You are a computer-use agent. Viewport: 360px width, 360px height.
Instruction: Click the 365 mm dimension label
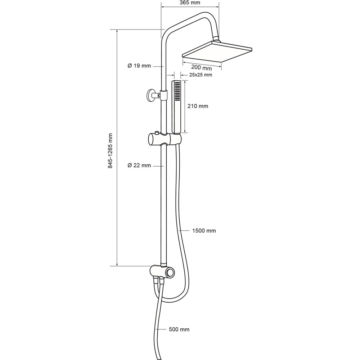click(190, 3)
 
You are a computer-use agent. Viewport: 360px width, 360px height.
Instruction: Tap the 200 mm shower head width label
click(201, 68)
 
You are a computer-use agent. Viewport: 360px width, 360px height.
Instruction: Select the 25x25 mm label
click(201, 75)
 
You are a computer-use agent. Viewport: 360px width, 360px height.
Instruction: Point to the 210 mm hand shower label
click(198, 106)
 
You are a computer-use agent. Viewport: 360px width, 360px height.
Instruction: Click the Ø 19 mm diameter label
click(139, 66)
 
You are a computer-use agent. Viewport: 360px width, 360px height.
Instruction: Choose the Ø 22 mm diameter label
click(139, 165)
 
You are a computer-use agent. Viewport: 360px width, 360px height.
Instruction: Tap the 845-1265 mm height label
click(111, 151)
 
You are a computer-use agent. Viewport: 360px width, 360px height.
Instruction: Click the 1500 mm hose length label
click(204, 231)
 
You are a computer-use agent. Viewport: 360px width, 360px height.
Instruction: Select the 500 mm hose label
click(179, 329)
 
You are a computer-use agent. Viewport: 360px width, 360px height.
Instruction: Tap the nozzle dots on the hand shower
click(177, 91)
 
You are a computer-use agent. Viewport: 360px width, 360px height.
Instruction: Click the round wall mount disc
click(150, 95)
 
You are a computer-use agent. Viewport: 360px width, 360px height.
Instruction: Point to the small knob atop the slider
click(157, 133)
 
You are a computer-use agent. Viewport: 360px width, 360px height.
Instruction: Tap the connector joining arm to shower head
click(217, 39)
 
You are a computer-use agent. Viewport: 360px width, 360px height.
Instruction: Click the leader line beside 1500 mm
click(185, 230)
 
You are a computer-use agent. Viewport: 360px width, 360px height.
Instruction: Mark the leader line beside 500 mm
click(161, 329)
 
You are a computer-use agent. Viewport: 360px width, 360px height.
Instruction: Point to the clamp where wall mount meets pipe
click(163, 95)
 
